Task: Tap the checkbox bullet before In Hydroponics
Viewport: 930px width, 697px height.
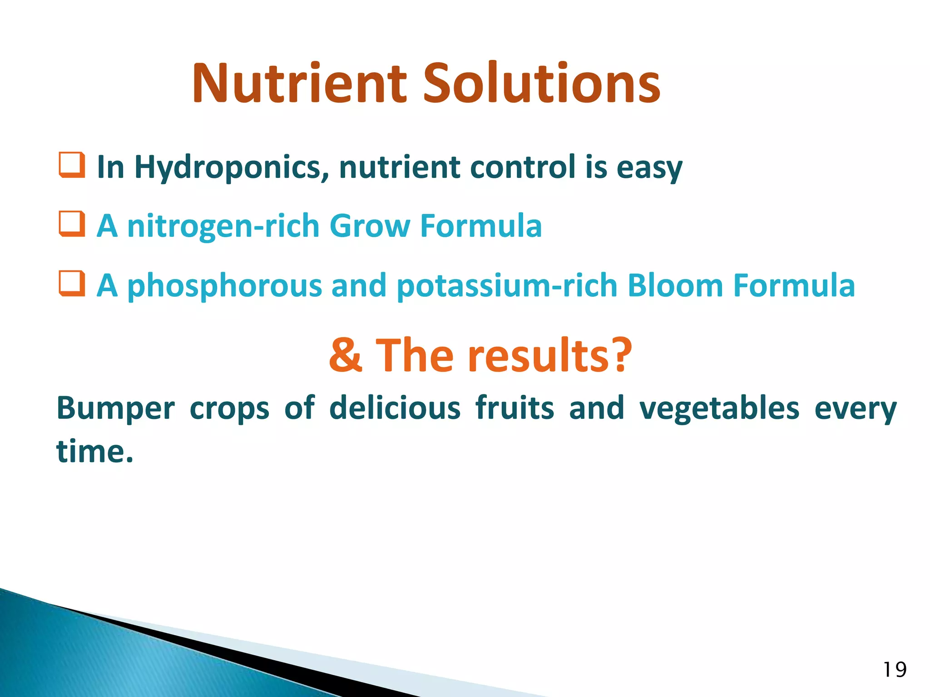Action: [72, 165]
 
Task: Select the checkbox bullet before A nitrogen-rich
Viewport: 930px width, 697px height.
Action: [72, 224]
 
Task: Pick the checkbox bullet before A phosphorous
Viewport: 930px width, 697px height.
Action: [72, 284]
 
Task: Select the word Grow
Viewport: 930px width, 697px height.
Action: [369, 226]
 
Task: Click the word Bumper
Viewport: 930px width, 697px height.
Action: [115, 408]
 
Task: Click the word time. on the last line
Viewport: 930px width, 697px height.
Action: [94, 452]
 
